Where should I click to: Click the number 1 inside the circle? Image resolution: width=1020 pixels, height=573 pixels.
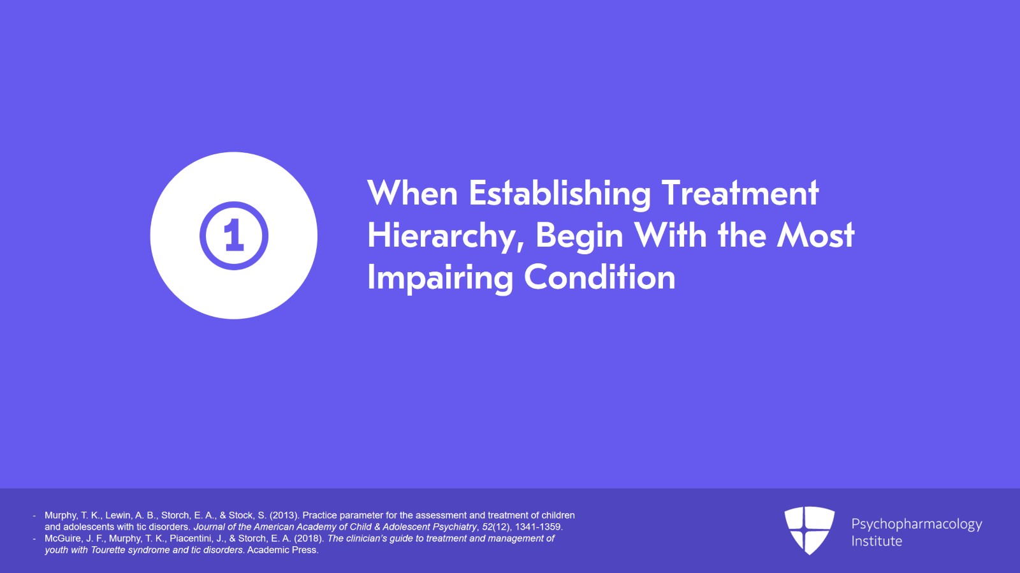click(x=233, y=236)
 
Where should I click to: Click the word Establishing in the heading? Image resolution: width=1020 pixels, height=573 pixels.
click(x=560, y=194)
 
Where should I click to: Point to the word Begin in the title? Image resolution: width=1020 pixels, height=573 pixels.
click(x=579, y=236)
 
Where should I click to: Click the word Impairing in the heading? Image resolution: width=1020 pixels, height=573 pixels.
click(x=440, y=279)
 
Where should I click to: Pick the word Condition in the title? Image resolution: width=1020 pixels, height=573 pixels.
click(x=599, y=279)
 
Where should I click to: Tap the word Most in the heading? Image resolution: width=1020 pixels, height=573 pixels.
click(x=815, y=236)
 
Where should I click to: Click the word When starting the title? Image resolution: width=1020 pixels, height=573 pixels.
click(x=412, y=194)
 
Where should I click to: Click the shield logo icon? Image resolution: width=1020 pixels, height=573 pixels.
click(x=809, y=530)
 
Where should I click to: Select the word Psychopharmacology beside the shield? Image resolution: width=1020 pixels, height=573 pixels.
click(x=916, y=524)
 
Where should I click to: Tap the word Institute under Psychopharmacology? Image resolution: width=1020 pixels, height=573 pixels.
click(x=877, y=541)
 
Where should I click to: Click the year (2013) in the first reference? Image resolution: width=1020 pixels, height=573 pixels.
click(x=284, y=515)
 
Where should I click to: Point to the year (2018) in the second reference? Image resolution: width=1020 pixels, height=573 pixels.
click(x=309, y=539)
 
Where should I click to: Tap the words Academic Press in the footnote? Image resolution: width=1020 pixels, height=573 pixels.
click(x=282, y=550)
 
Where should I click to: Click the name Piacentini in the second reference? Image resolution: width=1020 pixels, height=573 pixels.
click(x=191, y=539)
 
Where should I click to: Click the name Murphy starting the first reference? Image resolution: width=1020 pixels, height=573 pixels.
click(x=61, y=515)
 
